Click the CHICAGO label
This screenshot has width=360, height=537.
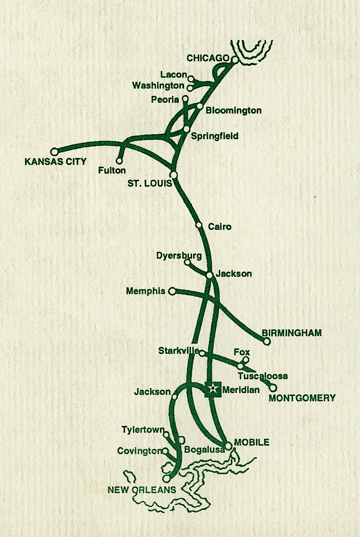[208, 58]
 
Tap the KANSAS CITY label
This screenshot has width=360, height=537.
[55, 162]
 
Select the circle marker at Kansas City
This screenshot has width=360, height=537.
[54, 152]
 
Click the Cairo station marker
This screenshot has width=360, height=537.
[199, 226]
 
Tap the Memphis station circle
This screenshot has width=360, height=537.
[172, 291]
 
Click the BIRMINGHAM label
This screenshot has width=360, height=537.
[292, 332]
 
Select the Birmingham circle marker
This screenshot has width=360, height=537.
[267, 341]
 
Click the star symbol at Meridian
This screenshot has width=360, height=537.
[212, 389]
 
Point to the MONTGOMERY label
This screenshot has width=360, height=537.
[302, 398]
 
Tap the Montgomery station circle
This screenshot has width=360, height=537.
[273, 388]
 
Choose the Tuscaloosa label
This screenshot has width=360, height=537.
[263, 376]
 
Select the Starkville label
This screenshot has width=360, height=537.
[178, 350]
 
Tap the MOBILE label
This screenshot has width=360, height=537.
[251, 442]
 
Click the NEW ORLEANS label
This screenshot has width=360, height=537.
[142, 490]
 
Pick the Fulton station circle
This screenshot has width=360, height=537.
[120, 161]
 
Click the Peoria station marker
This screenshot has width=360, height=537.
[185, 99]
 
